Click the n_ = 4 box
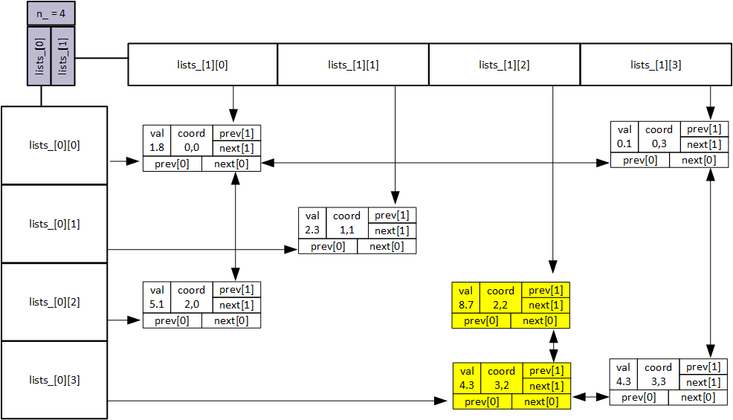tap(51, 13)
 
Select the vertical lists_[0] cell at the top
tap(39, 56)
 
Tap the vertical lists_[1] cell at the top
tap(62, 56)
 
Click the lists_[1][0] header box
tap(203, 65)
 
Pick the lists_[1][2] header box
tap(504, 65)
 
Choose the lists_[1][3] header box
tap(655, 65)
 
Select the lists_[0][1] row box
tap(54, 224)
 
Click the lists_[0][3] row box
tap(54, 380)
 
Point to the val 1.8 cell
tap(157, 140)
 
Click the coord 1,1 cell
tap(347, 223)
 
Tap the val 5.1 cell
tap(157, 297)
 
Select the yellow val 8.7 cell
tap(466, 297)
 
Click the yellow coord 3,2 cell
tap(501, 378)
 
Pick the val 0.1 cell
tap(624, 137)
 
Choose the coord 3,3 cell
tap(658, 375)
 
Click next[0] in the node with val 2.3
tap(387, 246)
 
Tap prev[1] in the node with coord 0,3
tap(703, 129)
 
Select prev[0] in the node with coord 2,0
tap(172, 320)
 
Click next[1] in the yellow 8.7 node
tap(546, 306)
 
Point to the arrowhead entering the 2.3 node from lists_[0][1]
tap(291, 249)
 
